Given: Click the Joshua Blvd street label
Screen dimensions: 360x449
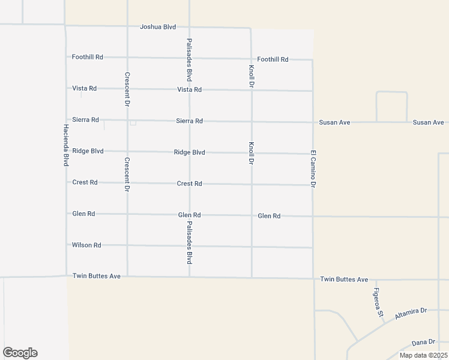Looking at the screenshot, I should click(158, 27).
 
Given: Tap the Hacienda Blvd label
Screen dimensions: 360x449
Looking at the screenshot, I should click(65, 146).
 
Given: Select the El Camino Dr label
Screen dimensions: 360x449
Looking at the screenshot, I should click(313, 169).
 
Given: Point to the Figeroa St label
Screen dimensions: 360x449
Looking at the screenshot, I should click(378, 302).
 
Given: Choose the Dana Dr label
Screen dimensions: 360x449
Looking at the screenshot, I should click(423, 342).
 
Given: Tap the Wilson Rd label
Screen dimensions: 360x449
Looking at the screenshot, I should click(86, 245).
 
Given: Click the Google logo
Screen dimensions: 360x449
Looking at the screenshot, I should click(20, 353).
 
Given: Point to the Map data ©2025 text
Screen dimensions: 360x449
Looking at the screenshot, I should click(423, 355).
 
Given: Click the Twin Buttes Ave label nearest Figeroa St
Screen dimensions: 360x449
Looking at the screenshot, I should click(344, 280).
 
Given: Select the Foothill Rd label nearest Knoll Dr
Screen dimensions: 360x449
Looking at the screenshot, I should click(273, 59).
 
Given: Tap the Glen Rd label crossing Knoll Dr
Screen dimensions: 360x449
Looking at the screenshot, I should click(269, 215).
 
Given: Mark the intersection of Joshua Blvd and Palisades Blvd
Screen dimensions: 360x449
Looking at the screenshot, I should click(189, 27).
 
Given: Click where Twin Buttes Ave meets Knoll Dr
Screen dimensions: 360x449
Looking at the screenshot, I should click(252, 278).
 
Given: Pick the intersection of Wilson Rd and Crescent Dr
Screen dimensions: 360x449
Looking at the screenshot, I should click(127, 245).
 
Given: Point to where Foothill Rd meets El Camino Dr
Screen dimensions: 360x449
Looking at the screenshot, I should click(313, 59).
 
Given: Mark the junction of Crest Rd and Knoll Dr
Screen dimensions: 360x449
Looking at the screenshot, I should click(252, 184).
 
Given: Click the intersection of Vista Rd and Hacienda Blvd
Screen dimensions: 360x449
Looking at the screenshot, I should click(66, 88).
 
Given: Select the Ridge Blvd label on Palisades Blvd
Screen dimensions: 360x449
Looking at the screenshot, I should click(189, 152).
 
